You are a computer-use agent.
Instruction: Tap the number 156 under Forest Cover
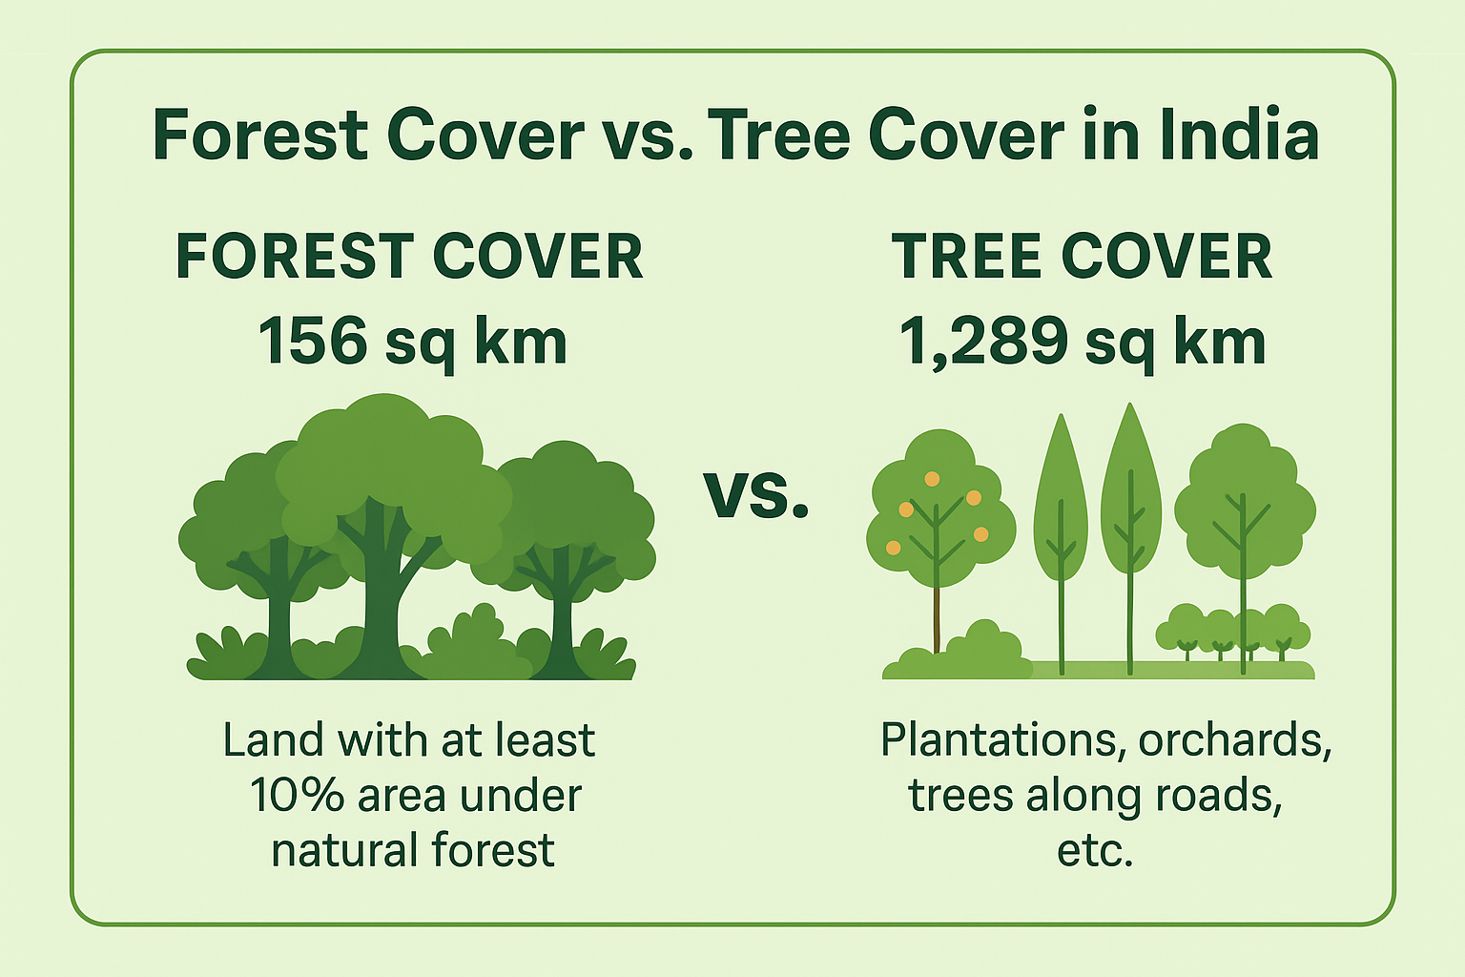point(313,341)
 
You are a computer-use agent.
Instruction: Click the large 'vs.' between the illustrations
point(756,495)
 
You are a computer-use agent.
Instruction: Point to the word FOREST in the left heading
point(295,257)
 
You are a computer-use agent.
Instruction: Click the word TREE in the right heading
point(966,257)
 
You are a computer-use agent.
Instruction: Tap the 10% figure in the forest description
point(297,795)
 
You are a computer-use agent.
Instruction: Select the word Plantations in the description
point(998,739)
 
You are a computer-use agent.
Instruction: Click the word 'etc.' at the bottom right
point(1095,850)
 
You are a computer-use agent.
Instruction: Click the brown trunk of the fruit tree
point(937,618)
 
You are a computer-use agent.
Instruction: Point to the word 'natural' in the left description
point(344,850)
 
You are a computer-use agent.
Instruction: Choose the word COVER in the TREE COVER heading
point(1166,257)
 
